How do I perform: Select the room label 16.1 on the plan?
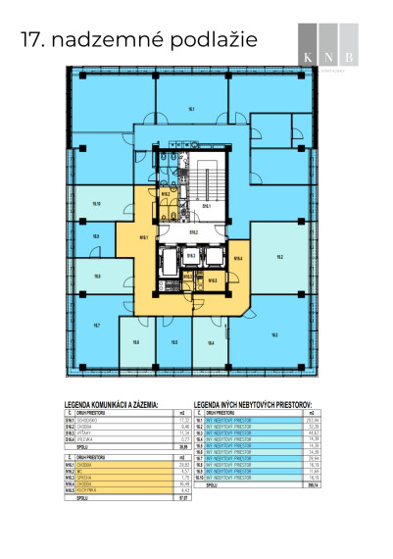click(192, 109)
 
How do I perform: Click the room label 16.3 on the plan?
click(273, 334)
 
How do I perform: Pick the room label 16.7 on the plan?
click(97, 325)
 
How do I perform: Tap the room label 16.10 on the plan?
click(96, 204)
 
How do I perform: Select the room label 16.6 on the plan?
click(136, 342)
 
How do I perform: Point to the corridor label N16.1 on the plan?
click(143, 236)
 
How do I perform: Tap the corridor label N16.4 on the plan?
click(237, 258)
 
